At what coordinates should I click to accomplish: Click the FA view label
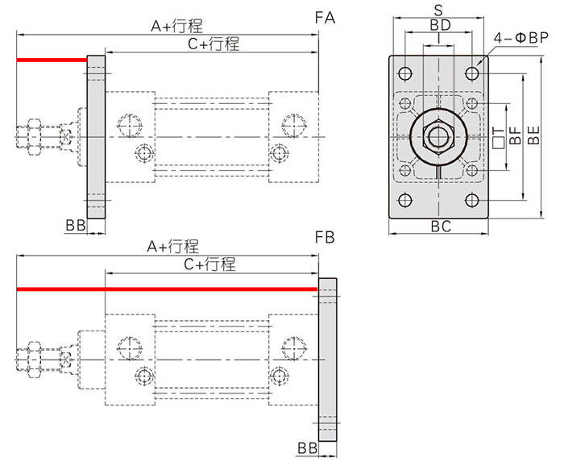pos(325,18)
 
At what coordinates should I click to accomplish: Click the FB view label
pos(325,238)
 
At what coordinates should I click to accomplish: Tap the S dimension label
pos(438,10)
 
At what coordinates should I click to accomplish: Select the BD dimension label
pos(440,25)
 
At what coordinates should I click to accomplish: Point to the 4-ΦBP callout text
pos(520,38)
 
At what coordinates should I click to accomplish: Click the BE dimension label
pos(533,135)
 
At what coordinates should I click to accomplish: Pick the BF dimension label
pos(516,135)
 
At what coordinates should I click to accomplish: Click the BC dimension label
pos(441,227)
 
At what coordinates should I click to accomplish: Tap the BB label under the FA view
pos(76,226)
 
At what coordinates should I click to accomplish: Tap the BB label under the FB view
pos(308,448)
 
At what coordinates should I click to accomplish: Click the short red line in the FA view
pos(52,60)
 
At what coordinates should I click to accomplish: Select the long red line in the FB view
pos(167,289)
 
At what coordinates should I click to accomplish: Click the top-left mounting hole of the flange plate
pos(405,73)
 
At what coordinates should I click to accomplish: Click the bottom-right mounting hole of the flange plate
pos(472,200)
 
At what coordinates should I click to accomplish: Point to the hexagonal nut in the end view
pos(439,137)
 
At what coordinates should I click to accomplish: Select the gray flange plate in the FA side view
pos(96,137)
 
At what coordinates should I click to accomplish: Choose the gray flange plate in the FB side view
pos(327,360)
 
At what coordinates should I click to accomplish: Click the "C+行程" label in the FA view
pos(214,44)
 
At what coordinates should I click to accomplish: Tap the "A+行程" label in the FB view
pos(173,247)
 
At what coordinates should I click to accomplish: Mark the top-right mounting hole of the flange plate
pos(472,73)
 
